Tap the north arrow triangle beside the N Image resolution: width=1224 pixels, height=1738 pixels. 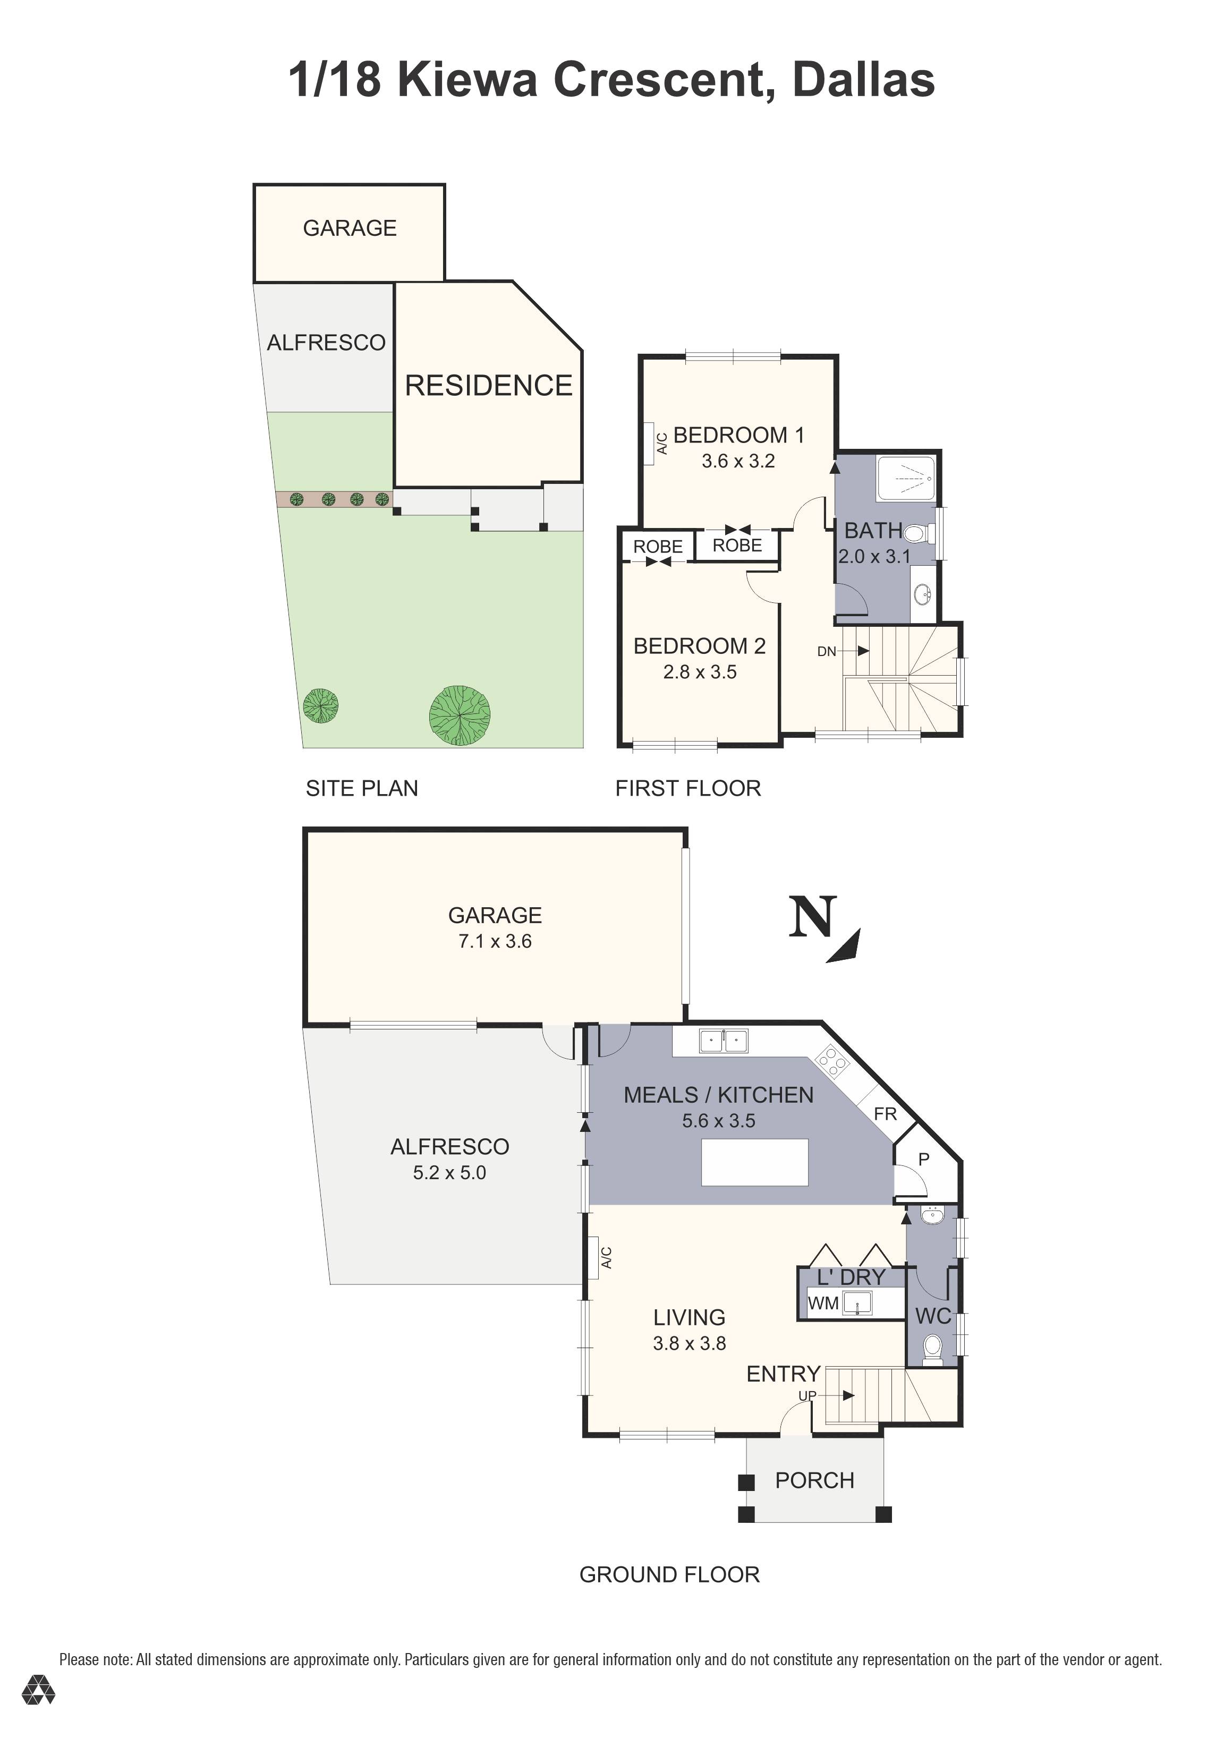[x=846, y=948]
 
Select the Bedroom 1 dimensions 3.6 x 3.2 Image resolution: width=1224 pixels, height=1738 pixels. [x=738, y=461]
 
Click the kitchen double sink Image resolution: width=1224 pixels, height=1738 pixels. [x=723, y=1041]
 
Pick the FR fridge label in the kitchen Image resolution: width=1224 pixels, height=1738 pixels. [x=885, y=1113]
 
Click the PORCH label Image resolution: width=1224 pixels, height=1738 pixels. [x=814, y=1480]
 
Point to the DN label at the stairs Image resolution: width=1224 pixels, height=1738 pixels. [x=827, y=651]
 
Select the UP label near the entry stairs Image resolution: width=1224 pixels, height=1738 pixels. [x=807, y=1395]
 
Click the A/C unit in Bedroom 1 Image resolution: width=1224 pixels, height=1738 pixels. [x=650, y=443]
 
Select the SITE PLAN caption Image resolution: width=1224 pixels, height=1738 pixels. [x=362, y=788]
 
